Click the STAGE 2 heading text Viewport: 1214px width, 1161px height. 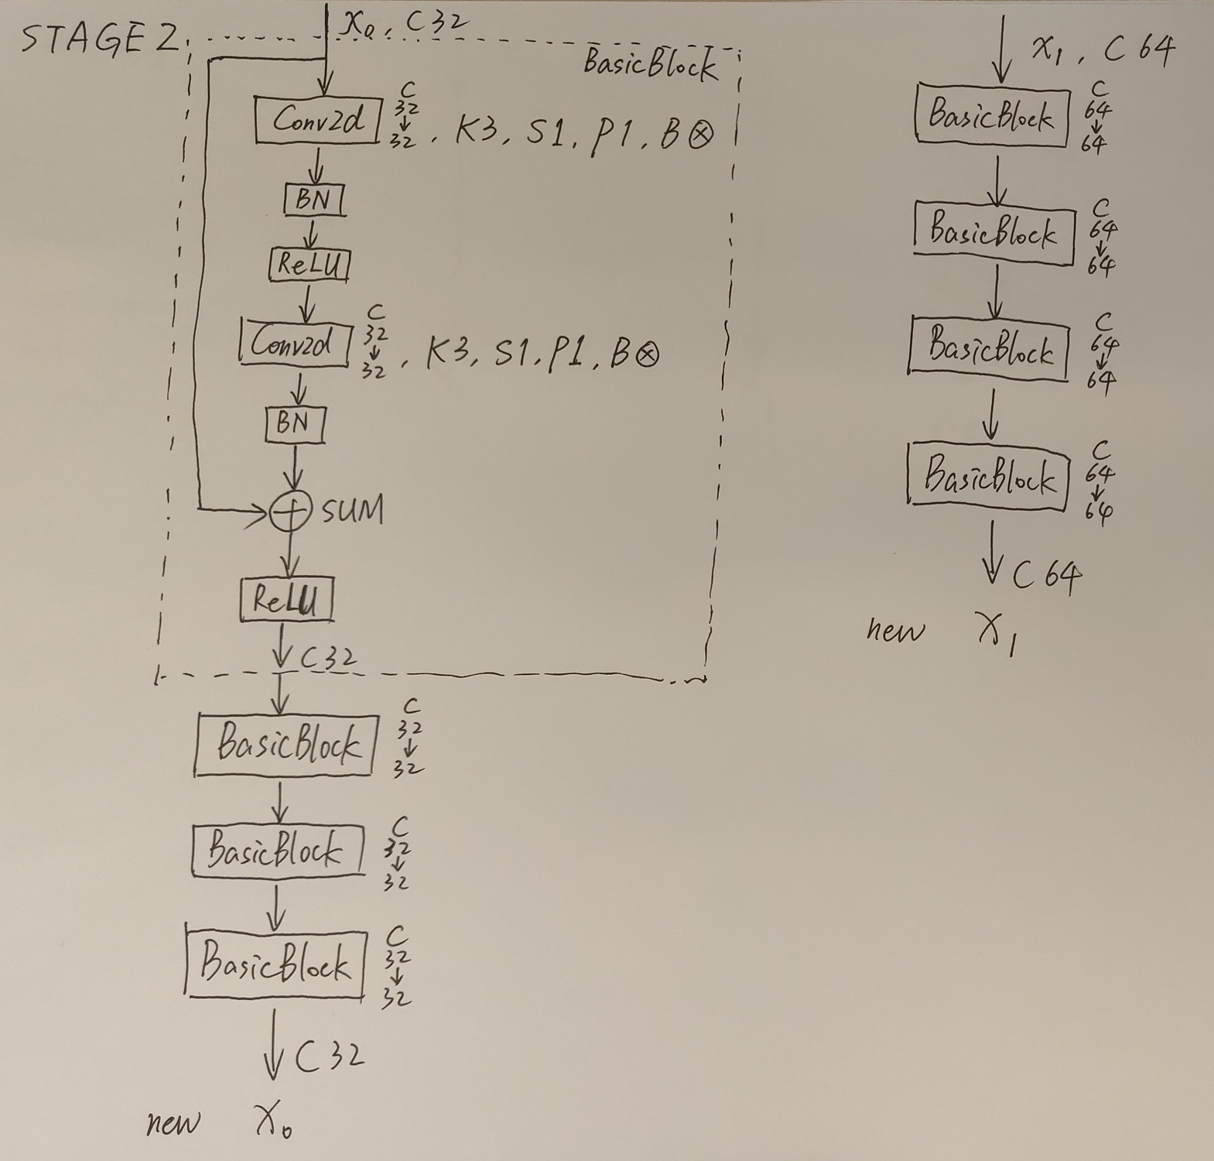[x=99, y=38]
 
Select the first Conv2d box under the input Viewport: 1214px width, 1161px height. [x=318, y=119]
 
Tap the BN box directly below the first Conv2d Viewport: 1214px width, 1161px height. [x=313, y=199]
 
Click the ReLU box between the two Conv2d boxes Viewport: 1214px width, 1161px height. [x=309, y=265]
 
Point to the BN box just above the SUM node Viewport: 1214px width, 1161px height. [x=294, y=423]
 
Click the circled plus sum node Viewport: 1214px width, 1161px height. [x=290, y=512]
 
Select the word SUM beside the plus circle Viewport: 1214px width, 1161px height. [x=352, y=510]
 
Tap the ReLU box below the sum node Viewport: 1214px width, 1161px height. [x=286, y=599]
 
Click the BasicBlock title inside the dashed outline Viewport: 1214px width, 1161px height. [x=650, y=64]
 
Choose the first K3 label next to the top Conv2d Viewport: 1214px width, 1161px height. [x=475, y=132]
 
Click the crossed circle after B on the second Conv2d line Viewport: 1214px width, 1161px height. [x=647, y=355]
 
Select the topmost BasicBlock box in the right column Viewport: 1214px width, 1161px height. [x=992, y=115]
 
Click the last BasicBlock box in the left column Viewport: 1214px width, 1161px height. [x=275, y=964]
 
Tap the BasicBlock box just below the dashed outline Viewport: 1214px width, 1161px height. [x=286, y=744]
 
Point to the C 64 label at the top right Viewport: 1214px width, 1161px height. [x=1138, y=50]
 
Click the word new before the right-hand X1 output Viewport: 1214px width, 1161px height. [x=894, y=631]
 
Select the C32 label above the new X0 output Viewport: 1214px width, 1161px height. [x=330, y=1056]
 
